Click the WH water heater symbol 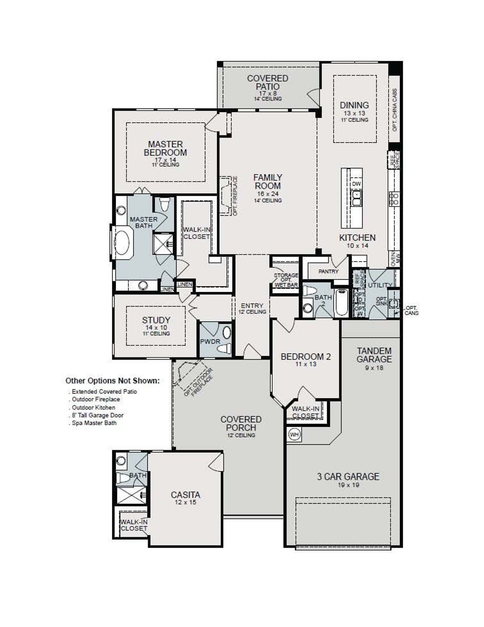(294, 434)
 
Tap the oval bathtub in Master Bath (122, 243)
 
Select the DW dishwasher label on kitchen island (356, 184)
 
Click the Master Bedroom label (165, 148)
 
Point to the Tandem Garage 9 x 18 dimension (374, 368)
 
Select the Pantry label (328, 271)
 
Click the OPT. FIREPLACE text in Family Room (235, 196)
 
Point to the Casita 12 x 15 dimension (185, 503)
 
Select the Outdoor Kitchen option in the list (93, 408)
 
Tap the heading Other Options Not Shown (112, 381)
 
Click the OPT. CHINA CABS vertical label (395, 110)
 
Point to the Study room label (156, 320)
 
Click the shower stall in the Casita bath (131, 495)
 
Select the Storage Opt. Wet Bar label (286, 280)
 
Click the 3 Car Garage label (348, 477)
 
